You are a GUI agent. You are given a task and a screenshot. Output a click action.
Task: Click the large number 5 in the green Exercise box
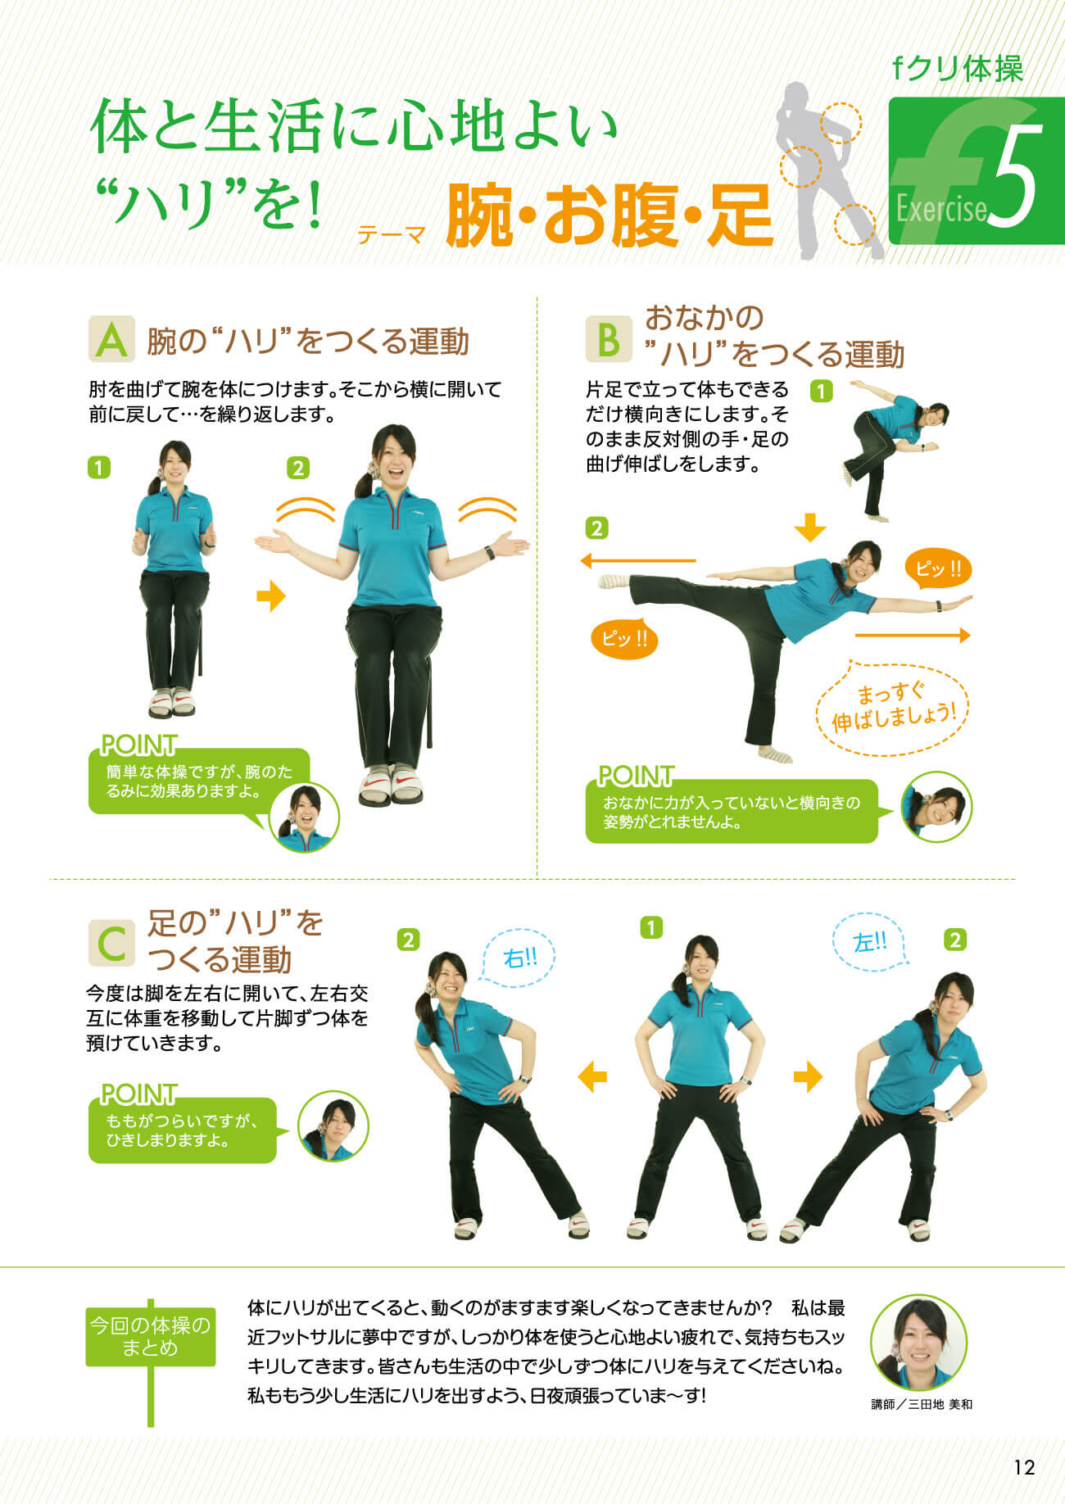(1015, 177)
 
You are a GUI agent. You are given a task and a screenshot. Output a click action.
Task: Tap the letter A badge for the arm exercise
(111, 339)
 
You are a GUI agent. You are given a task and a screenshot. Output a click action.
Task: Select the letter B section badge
(609, 339)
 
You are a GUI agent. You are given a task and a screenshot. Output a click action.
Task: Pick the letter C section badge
(111, 943)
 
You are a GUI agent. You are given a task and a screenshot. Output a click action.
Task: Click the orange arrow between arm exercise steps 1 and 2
(270, 596)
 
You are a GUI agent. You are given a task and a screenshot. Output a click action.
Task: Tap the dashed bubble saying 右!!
(518, 957)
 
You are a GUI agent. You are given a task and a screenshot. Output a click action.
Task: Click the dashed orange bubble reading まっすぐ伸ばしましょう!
(893, 708)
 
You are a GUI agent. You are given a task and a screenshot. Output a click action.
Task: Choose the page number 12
(1024, 1466)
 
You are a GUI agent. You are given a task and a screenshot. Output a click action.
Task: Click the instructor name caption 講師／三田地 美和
(922, 1404)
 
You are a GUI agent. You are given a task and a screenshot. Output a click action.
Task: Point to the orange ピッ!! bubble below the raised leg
(624, 638)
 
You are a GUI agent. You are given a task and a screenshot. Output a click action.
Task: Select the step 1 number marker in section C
(650, 928)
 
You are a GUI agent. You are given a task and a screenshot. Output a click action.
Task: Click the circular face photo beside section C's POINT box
(333, 1127)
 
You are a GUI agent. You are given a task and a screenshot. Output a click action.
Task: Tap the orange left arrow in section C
(592, 1076)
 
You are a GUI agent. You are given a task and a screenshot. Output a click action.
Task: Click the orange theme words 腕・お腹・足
(610, 216)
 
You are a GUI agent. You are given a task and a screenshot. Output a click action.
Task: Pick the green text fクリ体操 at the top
(958, 68)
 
